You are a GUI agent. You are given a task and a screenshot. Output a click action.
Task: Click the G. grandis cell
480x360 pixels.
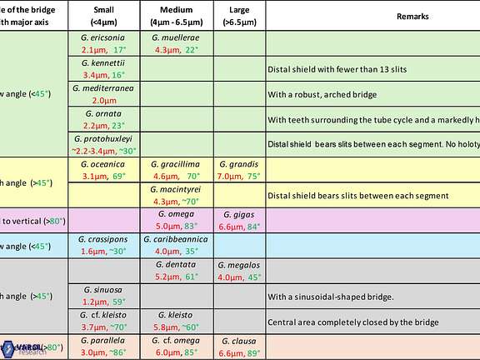(239, 170)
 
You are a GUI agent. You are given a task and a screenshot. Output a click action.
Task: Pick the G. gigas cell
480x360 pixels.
(239, 220)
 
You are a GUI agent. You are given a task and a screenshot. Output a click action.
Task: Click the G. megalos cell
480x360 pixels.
(239, 271)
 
